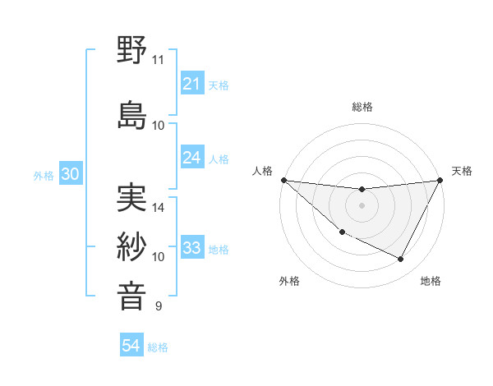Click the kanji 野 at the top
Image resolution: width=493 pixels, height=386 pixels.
tap(132, 50)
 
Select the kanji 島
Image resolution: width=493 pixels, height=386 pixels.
tap(132, 114)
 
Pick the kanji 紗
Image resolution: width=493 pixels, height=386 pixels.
tap(132, 246)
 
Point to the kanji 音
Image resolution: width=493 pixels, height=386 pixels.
tap(132, 296)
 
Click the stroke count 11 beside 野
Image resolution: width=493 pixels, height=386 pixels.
tap(158, 60)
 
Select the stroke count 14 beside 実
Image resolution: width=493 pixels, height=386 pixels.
tap(159, 208)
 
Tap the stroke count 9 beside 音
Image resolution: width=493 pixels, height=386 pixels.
tap(158, 306)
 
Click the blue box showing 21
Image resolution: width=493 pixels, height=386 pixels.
tap(191, 84)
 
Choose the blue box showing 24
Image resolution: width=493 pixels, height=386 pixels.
tap(191, 158)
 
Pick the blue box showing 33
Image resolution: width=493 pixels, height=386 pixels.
tap(191, 248)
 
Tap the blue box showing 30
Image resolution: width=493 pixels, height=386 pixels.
tap(70, 174)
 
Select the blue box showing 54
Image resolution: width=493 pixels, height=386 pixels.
tap(131, 346)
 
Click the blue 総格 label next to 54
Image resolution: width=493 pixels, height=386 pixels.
tap(158, 347)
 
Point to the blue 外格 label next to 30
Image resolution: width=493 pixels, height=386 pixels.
tap(44, 175)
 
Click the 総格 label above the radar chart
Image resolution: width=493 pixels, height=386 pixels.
tap(362, 107)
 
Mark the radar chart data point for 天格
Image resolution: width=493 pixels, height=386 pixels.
tap(440, 180)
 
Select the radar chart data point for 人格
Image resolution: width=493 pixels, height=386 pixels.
tap(283, 180)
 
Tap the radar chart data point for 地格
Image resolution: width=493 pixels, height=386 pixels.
tap(401, 260)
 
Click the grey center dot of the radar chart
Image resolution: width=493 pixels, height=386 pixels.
tap(362, 205)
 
